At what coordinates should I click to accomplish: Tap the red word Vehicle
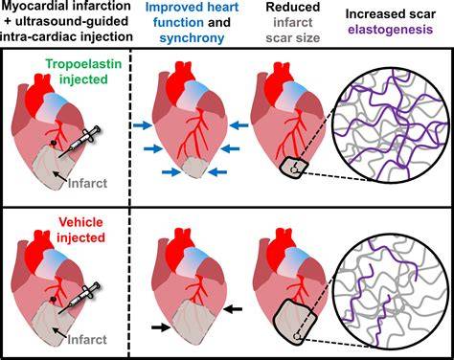click(81, 222)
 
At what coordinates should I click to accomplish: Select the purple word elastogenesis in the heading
click(391, 30)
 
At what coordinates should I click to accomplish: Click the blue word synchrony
click(192, 38)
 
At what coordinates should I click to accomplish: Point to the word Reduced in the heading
click(293, 7)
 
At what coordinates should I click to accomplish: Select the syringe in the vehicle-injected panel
click(79, 298)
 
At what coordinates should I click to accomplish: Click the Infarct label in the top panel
click(87, 183)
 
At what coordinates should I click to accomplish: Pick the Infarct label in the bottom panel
click(87, 340)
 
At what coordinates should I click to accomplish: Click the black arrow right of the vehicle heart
click(233, 308)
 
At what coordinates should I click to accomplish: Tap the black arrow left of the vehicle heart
click(161, 327)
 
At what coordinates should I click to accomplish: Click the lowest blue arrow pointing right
click(171, 172)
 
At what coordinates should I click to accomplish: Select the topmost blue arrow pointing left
click(238, 125)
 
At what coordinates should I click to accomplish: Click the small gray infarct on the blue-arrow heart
click(195, 168)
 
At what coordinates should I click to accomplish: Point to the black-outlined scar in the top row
click(293, 167)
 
